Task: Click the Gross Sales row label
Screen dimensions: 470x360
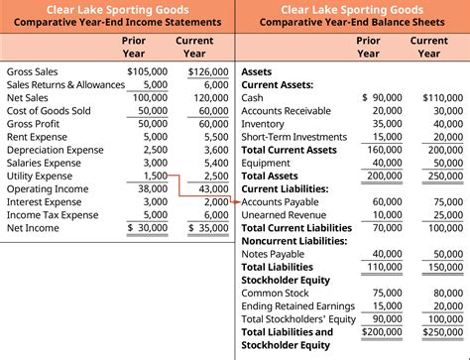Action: point(32,72)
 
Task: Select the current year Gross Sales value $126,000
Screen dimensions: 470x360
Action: point(208,72)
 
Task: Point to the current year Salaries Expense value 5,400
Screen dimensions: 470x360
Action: point(214,163)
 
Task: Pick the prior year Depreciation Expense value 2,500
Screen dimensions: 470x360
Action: point(155,150)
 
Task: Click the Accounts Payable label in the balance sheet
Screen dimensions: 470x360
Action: point(281,201)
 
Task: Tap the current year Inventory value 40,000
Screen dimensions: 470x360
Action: point(447,124)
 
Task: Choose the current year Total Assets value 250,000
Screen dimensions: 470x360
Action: point(444,176)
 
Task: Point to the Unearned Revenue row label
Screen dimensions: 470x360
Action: point(282,214)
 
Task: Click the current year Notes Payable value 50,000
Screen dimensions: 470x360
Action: point(447,253)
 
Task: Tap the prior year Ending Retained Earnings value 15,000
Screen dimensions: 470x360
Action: point(388,304)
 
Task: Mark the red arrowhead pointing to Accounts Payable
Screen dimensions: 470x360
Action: point(237,201)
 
